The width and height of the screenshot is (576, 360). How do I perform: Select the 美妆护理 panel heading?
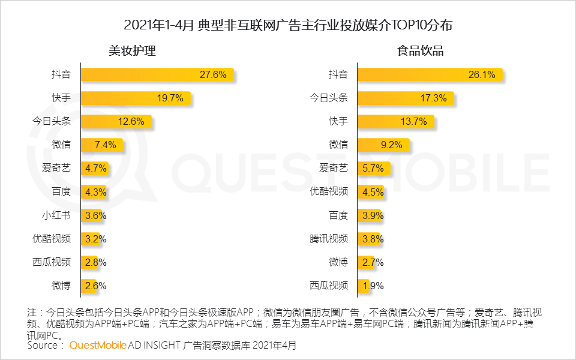132,51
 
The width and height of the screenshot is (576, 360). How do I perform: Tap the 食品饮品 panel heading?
421,51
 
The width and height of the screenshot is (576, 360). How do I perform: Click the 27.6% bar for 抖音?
156,75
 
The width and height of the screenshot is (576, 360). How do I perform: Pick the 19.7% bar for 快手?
135,98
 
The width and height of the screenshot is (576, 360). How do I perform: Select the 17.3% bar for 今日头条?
405,98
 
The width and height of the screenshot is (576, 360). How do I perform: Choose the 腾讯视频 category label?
329,238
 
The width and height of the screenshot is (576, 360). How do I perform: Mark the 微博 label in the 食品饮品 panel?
338,262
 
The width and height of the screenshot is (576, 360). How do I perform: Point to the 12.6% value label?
131,122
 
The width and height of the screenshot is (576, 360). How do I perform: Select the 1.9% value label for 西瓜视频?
372,286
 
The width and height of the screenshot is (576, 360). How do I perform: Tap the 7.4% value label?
109,145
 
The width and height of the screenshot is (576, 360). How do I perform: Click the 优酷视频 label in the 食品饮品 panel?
329,192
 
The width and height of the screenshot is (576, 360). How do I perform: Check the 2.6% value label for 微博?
95,286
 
